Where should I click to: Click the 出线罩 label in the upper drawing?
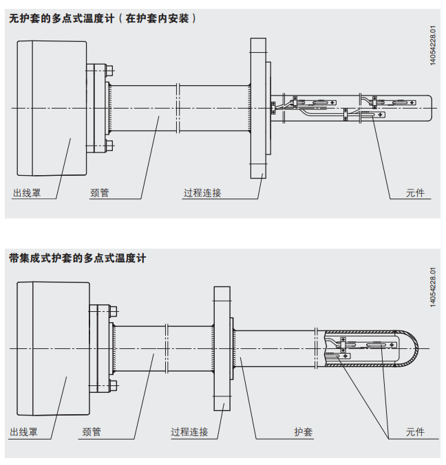pos(27,194)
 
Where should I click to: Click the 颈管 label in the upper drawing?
pos(99,194)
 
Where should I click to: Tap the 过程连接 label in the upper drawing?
pos(202,194)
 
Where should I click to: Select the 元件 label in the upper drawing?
pos(416,194)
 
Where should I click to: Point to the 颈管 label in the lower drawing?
pos(92,433)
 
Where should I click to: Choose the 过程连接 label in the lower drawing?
pos(189,433)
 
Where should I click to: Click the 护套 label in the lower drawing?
pos(303,433)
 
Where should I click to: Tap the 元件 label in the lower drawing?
pos(416,433)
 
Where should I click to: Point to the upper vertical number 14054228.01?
pos(433,45)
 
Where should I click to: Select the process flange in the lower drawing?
pos(222,348)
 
